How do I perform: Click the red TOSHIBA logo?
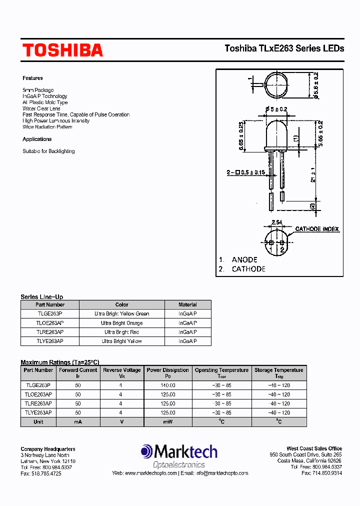click(62, 50)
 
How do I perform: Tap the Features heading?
click(32, 78)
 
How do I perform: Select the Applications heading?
click(37, 139)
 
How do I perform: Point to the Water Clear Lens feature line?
click(41, 108)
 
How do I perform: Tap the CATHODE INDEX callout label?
click(317, 229)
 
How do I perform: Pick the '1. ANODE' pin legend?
click(238, 259)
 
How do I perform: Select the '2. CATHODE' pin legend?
click(242, 269)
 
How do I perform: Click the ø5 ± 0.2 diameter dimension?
click(276, 109)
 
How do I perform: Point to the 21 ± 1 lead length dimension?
click(313, 174)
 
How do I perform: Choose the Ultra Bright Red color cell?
click(121, 332)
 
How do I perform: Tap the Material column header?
click(187, 304)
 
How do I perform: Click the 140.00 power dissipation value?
click(167, 385)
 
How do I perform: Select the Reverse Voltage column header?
click(122, 370)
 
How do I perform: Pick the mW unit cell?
click(167, 421)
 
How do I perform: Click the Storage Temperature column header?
click(278, 370)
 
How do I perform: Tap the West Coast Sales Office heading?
click(314, 448)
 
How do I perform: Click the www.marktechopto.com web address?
click(150, 473)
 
